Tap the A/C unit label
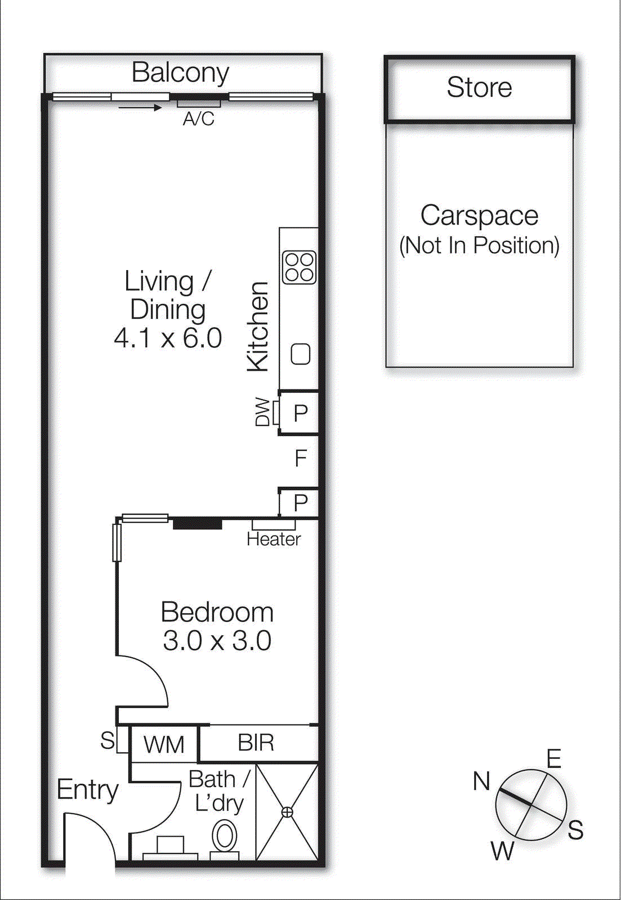[x=198, y=119]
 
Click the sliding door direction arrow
[x=141, y=107]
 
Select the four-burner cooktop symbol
[x=299, y=267]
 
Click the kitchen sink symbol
[x=300, y=354]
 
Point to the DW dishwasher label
[x=262, y=412]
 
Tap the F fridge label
[x=301, y=458]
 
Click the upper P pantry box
[x=300, y=413]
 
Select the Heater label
[x=274, y=539]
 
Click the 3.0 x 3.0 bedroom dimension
[x=217, y=641]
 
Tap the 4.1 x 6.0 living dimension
[x=168, y=338]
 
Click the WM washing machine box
[x=164, y=744]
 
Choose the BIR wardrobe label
[x=256, y=743]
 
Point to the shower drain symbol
[x=287, y=812]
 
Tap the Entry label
[x=87, y=790]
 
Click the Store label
[x=479, y=87]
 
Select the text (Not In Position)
[x=479, y=246]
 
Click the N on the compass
[x=481, y=781]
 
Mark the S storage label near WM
[x=107, y=740]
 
